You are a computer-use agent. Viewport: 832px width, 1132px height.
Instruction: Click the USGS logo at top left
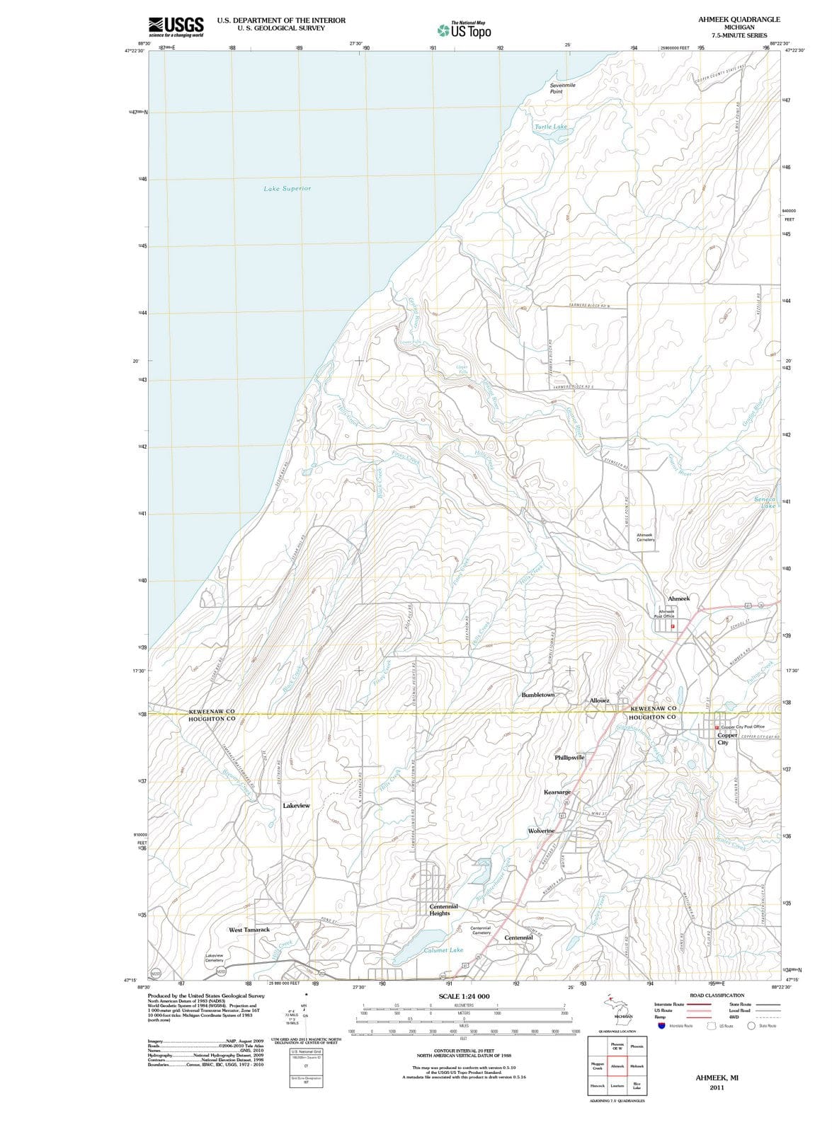(176, 26)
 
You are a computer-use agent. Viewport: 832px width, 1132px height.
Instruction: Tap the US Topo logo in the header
(465, 30)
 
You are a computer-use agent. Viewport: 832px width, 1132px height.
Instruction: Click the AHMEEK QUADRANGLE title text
(739, 20)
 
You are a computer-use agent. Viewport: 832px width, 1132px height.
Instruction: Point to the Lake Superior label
(287, 189)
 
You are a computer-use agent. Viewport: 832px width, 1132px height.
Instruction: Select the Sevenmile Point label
(563, 88)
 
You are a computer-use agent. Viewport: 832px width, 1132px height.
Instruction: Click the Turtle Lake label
(551, 127)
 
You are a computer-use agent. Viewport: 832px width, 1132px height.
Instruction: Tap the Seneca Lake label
(765, 502)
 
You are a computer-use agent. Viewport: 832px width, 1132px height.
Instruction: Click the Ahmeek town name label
(678, 599)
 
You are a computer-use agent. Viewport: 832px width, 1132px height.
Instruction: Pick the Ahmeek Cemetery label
(645, 537)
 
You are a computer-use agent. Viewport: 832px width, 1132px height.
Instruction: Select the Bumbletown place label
(538, 695)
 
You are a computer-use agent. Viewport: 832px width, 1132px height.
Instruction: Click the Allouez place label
(599, 700)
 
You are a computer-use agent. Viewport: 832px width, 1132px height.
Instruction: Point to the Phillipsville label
(569, 757)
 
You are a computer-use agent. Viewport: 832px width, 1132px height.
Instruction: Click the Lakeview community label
(296, 806)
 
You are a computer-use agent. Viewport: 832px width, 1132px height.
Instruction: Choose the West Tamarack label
(249, 930)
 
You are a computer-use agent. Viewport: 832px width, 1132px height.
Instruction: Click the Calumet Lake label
(443, 950)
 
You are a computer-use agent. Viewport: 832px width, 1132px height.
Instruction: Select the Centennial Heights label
(444, 909)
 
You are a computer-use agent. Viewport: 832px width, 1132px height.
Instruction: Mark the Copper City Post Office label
(742, 727)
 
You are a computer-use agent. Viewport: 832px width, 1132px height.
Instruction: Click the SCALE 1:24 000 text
(464, 996)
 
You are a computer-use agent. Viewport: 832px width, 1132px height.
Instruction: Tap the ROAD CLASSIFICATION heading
(717, 995)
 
